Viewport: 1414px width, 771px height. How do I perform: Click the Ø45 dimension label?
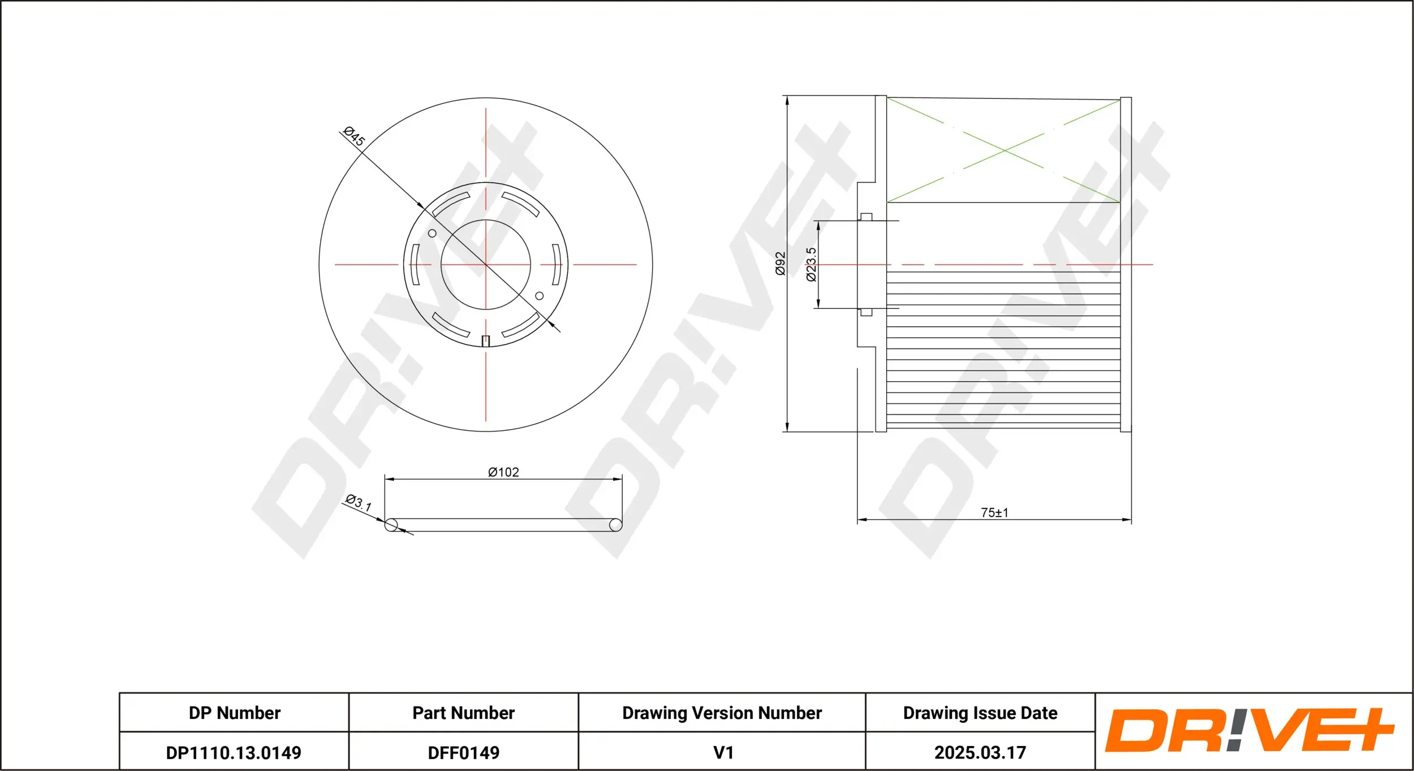pyautogui.click(x=355, y=136)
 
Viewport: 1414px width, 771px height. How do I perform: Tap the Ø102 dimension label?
pyautogui.click(x=503, y=472)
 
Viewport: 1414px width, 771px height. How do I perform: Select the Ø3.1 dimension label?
pyautogui.click(x=359, y=502)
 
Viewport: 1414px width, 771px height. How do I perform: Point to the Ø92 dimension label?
pyautogui.click(x=780, y=264)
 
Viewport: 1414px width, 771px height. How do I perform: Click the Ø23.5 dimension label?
pyautogui.click(x=811, y=264)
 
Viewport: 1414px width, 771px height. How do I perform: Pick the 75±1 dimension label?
pyautogui.click(x=994, y=512)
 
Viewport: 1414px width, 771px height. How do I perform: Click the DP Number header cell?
pyautogui.click(x=234, y=713)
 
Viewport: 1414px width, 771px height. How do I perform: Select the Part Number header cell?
pyautogui.click(x=463, y=713)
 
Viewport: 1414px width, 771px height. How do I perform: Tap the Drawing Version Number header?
pyautogui.click(x=722, y=713)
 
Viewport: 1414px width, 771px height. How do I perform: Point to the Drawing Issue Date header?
pyautogui.click(x=980, y=713)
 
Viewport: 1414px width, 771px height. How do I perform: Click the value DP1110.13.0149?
pyautogui.click(x=234, y=752)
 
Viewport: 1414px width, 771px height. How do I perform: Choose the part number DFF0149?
pyautogui.click(x=463, y=752)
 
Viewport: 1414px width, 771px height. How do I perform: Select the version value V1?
pyautogui.click(x=723, y=752)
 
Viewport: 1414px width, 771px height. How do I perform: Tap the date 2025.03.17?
pyautogui.click(x=980, y=752)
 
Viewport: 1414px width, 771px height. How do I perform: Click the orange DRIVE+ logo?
pyautogui.click(x=1249, y=730)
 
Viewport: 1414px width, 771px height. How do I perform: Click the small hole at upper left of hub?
pyautogui.click(x=432, y=233)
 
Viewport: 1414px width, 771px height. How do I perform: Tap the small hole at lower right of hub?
pyautogui.click(x=539, y=296)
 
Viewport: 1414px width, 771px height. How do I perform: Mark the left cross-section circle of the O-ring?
pyautogui.click(x=391, y=525)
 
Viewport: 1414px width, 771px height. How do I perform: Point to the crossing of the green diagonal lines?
pyautogui.click(x=1003, y=150)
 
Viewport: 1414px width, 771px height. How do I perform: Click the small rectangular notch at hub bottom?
pyautogui.click(x=485, y=341)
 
